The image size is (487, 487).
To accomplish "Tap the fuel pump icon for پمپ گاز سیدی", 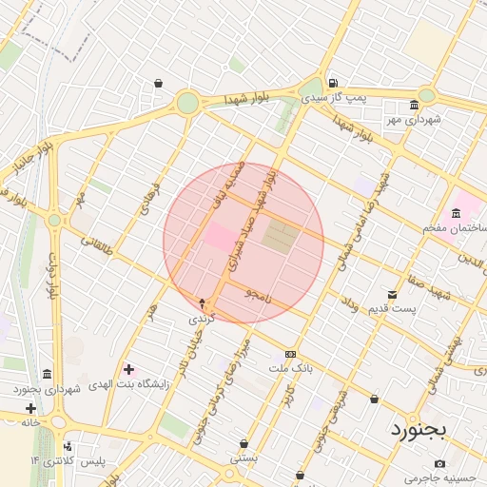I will (332, 83).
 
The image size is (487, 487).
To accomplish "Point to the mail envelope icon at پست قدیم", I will (392, 295).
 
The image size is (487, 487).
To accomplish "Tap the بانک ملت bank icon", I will (290, 353).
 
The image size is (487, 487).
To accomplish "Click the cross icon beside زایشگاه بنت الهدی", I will (128, 369).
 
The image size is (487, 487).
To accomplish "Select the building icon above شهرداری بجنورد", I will (48, 375).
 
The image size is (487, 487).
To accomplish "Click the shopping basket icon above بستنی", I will (244, 443).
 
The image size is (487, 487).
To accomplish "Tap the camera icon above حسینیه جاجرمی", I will (439, 463).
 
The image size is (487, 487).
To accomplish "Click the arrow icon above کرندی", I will (201, 302).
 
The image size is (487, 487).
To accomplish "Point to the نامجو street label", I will (257, 294).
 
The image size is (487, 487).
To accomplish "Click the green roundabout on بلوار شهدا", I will (188, 102).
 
